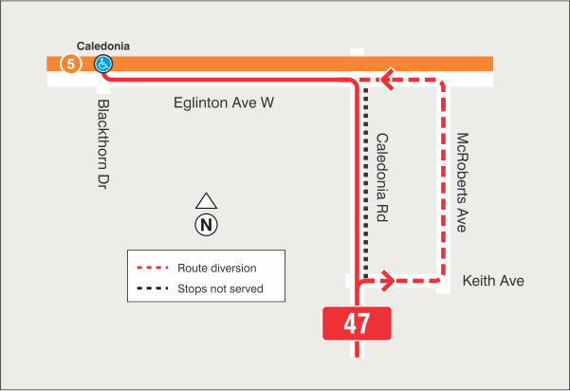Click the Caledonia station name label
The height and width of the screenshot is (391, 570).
coord(102,46)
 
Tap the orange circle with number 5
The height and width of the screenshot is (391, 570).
coord(69,64)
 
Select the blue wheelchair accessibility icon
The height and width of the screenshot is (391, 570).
coord(102,64)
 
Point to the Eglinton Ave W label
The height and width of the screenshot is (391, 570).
coord(224,102)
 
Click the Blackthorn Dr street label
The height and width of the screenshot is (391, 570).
coord(104,142)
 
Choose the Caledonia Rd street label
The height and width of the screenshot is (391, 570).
coord(383,177)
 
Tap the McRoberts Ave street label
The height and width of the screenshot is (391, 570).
coord(463,181)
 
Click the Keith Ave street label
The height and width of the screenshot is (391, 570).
coord(492,281)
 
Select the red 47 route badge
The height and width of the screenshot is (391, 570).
coord(357,324)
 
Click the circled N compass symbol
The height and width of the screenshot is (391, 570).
coord(206,225)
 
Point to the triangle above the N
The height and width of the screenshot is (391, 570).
coord(206,201)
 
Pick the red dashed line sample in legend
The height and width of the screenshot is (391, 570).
coord(153,269)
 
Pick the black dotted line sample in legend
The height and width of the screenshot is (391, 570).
coord(153,289)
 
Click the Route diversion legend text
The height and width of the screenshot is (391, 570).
coord(217,269)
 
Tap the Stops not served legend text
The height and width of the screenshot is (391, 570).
coord(220,289)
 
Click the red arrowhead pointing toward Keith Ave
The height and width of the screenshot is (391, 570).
coord(387,280)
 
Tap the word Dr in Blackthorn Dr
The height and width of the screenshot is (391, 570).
coord(104,177)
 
